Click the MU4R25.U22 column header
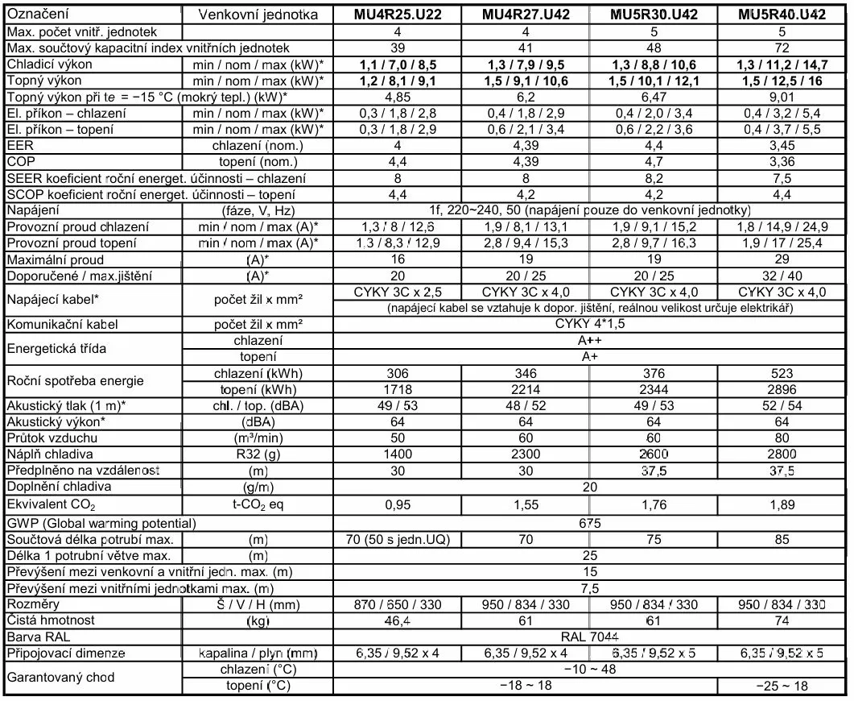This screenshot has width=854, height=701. tap(396, 15)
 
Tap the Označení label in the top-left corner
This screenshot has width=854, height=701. tap(37, 15)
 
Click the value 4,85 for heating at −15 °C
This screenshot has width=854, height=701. tap(396, 97)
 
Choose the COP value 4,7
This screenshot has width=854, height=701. tap(654, 162)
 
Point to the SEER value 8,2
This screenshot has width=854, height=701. tap(654, 178)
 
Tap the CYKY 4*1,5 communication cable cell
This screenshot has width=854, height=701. tap(589, 325)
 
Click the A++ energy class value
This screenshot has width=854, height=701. tap(589, 341)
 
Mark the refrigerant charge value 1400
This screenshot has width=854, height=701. tap(396, 454)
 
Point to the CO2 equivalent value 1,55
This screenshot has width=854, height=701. tap(525, 505)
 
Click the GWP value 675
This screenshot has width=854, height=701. tap(589, 523)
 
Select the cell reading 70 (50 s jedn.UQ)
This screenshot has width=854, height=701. tap(396, 539)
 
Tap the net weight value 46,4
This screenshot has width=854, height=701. tap(396, 620)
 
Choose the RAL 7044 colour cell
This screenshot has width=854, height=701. tap(589, 637)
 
